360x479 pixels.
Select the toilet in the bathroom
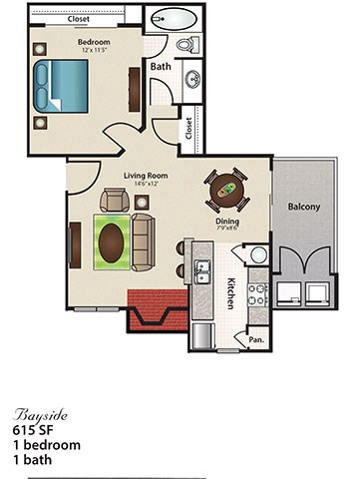[x=186, y=45]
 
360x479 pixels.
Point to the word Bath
[x=162, y=66]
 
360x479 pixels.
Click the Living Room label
[x=146, y=176]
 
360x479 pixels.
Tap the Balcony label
[x=305, y=207]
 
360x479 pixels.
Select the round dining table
[x=227, y=187]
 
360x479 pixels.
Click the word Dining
[x=227, y=222]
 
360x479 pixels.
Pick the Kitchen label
[x=230, y=291]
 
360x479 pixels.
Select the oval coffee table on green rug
[x=112, y=240]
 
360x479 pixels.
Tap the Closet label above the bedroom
[x=77, y=18]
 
